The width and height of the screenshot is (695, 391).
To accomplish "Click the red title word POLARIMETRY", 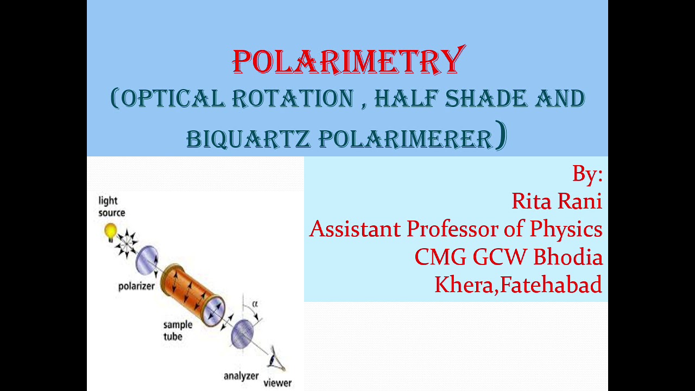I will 349,61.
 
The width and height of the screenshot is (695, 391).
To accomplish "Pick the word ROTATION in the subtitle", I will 293,99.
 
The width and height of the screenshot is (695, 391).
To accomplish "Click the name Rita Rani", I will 557,201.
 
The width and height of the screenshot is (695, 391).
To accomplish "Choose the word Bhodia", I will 568,257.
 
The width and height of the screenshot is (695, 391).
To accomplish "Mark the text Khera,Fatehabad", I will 518,285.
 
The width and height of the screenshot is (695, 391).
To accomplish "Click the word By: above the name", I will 587,174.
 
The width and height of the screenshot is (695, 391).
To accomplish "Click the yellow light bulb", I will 111,231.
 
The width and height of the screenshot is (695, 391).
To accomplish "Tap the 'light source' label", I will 112,207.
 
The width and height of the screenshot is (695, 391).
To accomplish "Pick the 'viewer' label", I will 277,383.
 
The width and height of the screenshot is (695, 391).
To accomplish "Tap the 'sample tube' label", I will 178,330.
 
